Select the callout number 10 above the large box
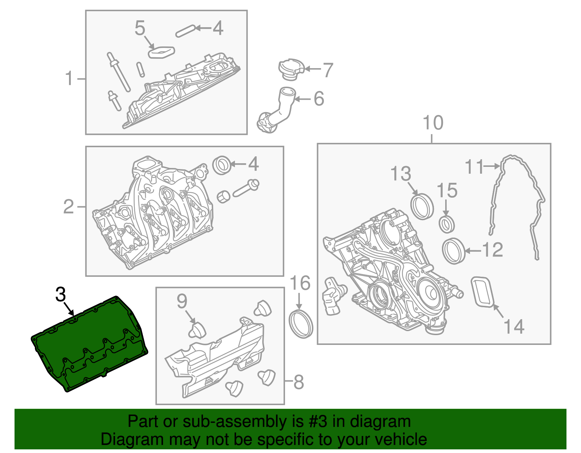tap(433, 123)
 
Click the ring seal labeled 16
tap(301, 324)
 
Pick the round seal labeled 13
tap(422, 206)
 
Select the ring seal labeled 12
tap(454, 251)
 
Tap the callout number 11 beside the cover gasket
tap(475, 167)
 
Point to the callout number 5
tap(140, 28)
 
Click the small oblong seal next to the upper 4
tap(185, 31)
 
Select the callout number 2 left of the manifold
tap(69, 207)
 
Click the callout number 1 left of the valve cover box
tap(69, 79)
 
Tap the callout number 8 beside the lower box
tap(298, 382)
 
